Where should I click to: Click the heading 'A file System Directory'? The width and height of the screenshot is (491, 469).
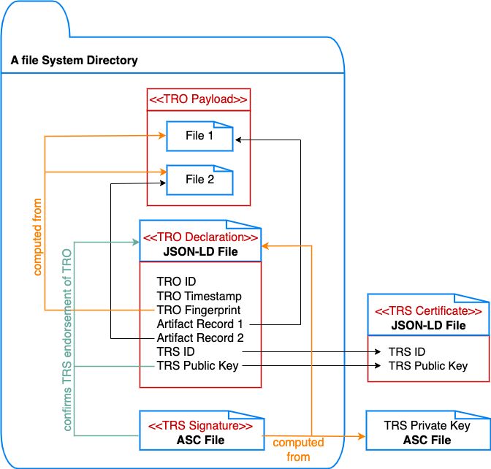click(74, 61)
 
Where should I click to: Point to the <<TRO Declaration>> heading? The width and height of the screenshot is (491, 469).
click(199, 237)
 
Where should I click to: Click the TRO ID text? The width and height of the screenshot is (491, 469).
click(176, 281)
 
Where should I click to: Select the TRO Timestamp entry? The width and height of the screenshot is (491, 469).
click(199, 296)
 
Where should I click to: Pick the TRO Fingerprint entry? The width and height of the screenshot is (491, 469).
click(199, 310)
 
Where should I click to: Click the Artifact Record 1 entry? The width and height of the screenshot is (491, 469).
click(199, 324)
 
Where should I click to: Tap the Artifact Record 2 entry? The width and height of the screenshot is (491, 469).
click(199, 338)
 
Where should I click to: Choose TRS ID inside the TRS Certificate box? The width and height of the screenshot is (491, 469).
click(406, 351)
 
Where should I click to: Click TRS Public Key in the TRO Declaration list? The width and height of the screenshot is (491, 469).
click(197, 365)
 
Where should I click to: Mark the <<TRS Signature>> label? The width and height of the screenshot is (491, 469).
click(200, 426)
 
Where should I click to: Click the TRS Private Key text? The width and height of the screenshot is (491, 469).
click(427, 426)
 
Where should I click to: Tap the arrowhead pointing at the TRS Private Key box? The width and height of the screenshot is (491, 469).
click(362, 436)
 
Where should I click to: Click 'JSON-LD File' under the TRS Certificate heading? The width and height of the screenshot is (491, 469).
click(428, 325)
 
